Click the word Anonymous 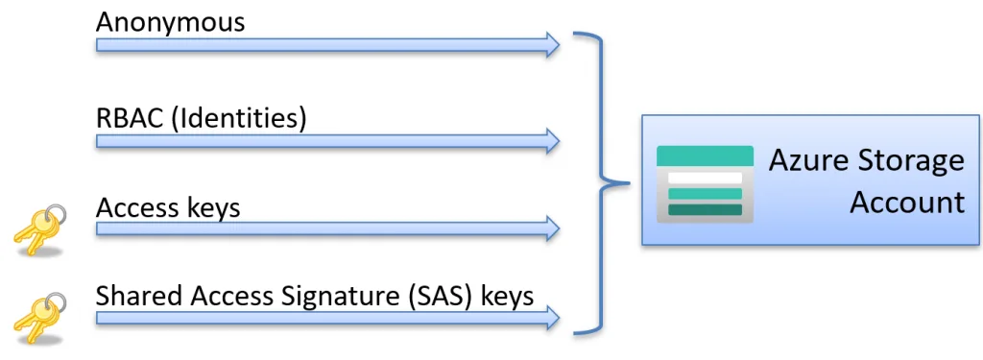[170, 21]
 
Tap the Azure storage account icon [704, 184]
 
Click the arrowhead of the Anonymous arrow [551, 44]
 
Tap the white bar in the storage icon [706, 179]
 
